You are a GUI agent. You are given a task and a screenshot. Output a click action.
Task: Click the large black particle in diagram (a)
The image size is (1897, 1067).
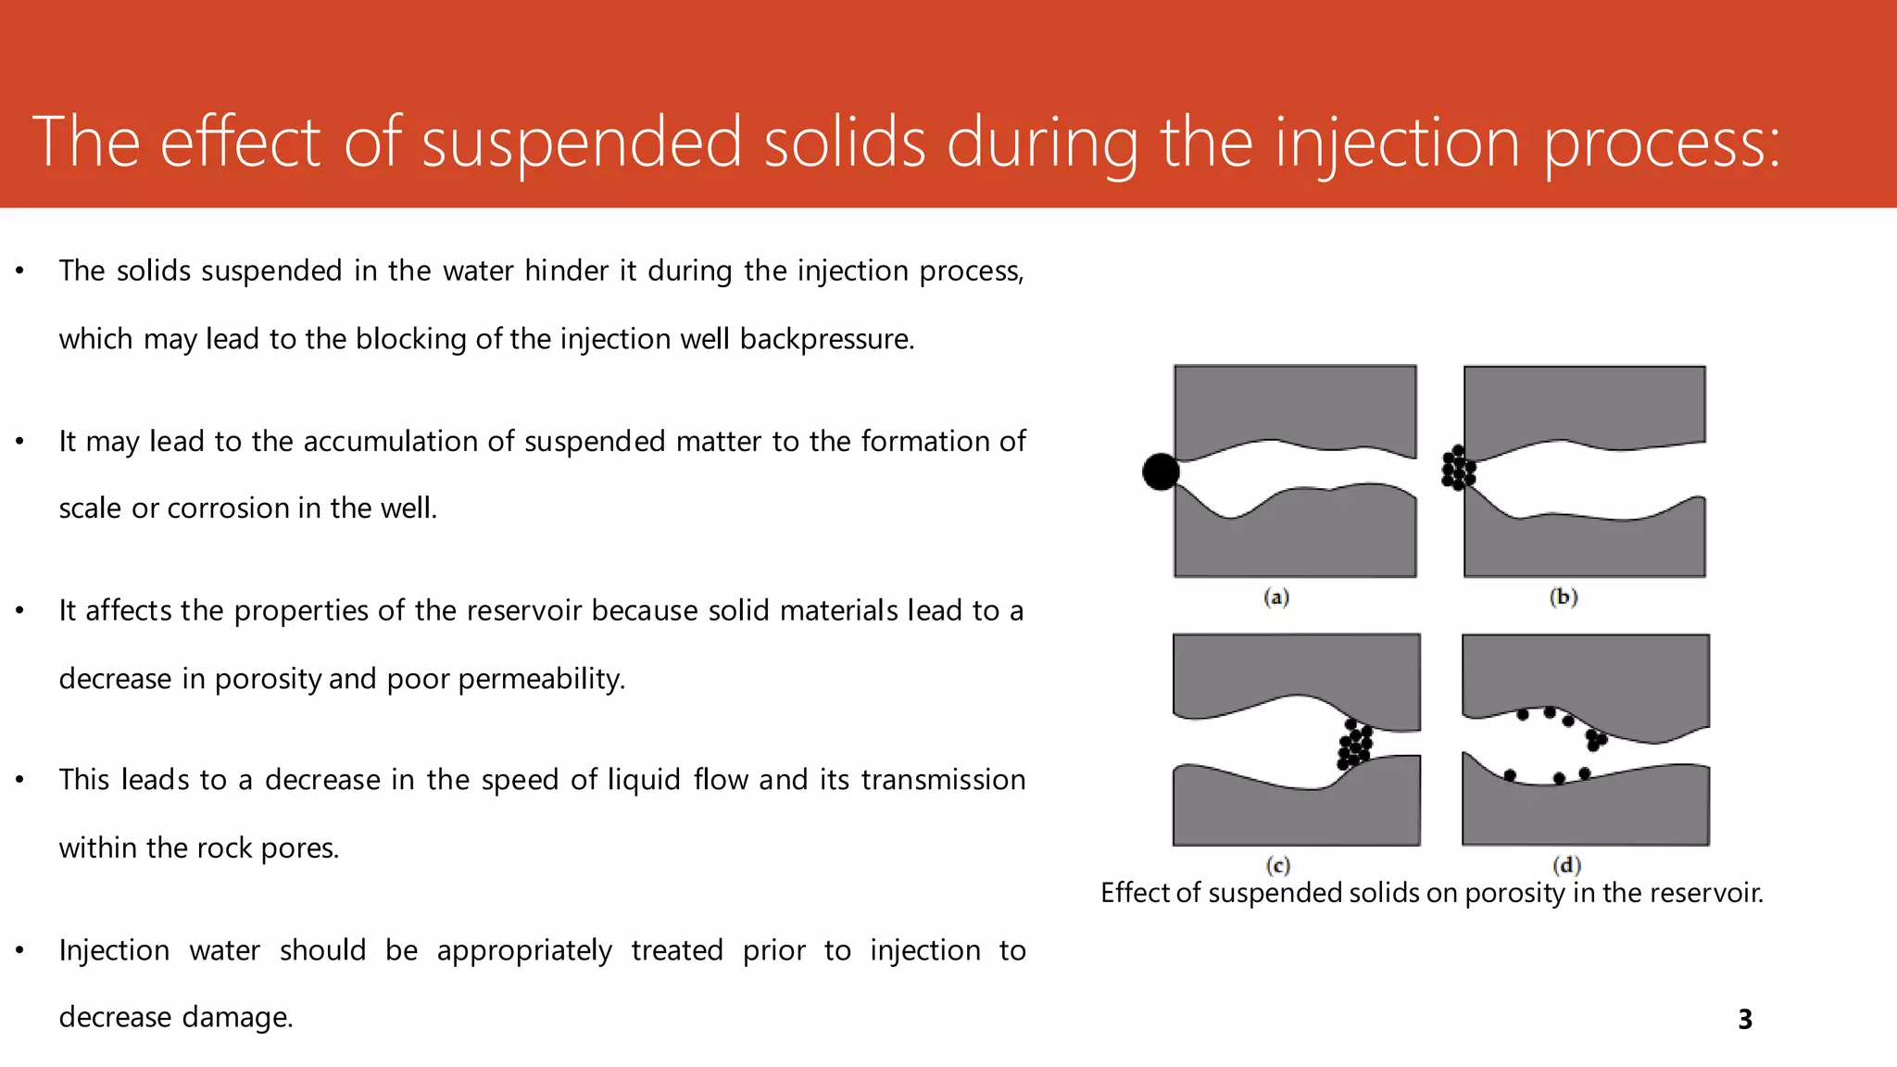[1161, 471]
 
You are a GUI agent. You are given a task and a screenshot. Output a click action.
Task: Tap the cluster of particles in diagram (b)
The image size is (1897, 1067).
[1458, 468]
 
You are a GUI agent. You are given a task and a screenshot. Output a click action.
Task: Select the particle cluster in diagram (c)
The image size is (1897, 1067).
[1354, 745]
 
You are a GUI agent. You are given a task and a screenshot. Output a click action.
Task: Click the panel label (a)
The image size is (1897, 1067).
[1276, 597]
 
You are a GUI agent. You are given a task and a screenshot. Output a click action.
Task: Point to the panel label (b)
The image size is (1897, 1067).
[1564, 597]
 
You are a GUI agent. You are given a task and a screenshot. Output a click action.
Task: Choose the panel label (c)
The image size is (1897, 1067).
[1278, 865]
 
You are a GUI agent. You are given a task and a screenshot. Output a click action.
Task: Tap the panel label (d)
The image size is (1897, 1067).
[1566, 865]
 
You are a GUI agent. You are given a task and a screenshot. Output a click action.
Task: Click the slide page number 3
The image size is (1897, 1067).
[1745, 1020]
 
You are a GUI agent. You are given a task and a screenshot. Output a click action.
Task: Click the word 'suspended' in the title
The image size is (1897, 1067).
[582, 143]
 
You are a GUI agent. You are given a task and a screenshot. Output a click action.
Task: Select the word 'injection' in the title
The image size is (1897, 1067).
[1397, 143]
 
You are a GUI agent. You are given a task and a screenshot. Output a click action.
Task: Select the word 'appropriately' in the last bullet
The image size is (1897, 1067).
[524, 951]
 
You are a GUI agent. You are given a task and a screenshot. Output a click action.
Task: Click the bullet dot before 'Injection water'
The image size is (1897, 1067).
[19, 950]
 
